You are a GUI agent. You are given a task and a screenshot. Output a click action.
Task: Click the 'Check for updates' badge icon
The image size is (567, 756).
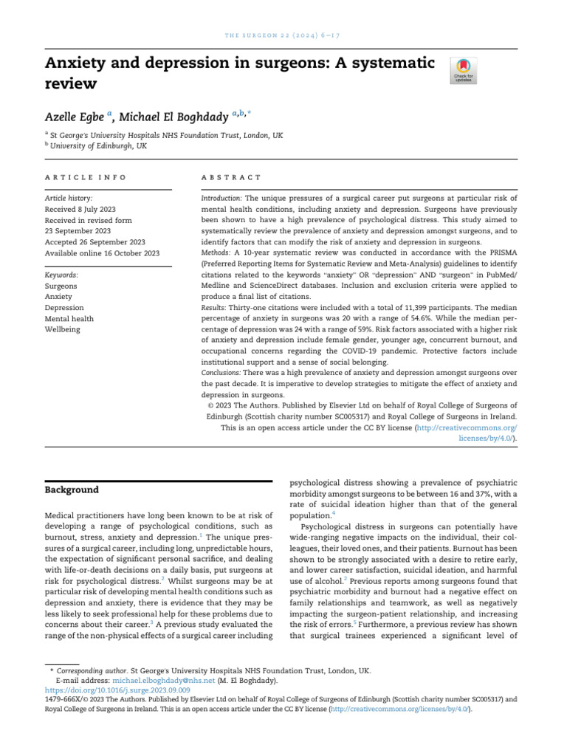pyautogui.click(x=464, y=69)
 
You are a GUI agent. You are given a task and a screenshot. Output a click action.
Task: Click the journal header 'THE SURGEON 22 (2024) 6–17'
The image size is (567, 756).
pyautogui.click(x=283, y=36)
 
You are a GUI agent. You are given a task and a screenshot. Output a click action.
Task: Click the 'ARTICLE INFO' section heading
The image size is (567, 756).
pyautogui.click(x=86, y=177)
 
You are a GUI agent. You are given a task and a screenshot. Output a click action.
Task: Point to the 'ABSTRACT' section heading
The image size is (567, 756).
pyautogui.click(x=231, y=177)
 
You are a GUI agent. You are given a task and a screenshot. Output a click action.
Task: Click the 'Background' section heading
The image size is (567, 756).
pyautogui.click(x=72, y=489)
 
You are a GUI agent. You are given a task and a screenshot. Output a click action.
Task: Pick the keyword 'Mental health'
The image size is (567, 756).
pyautogui.click(x=69, y=319)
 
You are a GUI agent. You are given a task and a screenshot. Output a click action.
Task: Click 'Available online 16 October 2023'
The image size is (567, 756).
pyautogui.click(x=102, y=252)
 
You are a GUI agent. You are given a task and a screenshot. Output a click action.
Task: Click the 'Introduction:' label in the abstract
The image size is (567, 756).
pyautogui.click(x=221, y=199)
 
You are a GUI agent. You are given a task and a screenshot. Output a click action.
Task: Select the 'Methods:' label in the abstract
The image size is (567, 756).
pyautogui.click(x=216, y=251)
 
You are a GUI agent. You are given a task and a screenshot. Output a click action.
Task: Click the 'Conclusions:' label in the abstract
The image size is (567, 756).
pyautogui.click(x=221, y=373)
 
